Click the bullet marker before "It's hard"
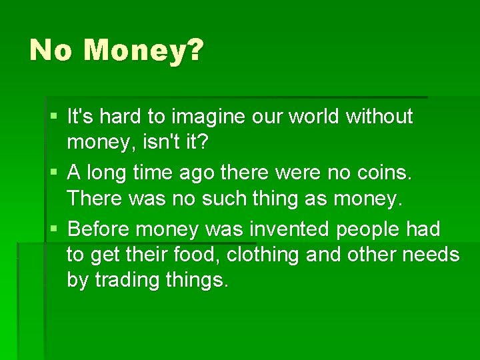tap(53, 117)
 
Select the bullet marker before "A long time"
tap(53, 173)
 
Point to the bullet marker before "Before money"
tap(53, 230)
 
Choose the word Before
tap(99, 230)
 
